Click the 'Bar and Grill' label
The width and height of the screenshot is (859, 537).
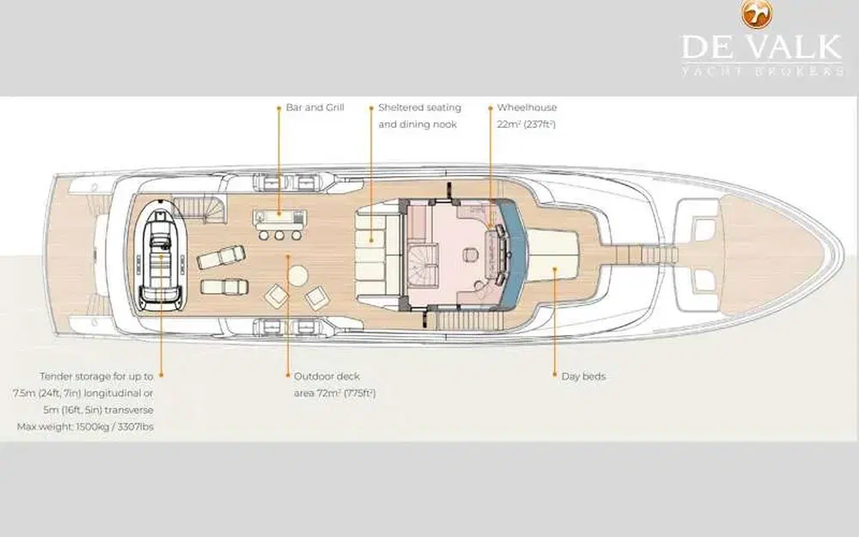click(x=315, y=107)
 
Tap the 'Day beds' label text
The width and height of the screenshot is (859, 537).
click(x=583, y=376)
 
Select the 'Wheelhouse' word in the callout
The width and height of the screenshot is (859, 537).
click(x=527, y=107)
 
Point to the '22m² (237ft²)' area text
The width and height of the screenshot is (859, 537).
click(x=527, y=125)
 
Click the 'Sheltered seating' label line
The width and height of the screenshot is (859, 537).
click(x=420, y=107)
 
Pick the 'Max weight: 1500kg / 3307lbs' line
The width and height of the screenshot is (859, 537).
click(x=85, y=426)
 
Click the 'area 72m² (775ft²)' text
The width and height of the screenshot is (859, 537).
click(x=335, y=394)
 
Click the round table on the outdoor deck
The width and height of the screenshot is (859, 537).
click(x=298, y=276)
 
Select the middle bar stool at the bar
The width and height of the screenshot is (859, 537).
click(x=279, y=235)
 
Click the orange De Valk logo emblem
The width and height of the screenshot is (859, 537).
click(x=757, y=15)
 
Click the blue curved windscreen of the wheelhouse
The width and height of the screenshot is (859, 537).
click(x=515, y=252)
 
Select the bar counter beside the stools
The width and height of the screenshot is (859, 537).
click(x=279, y=220)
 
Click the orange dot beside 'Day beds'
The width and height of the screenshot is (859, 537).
click(x=554, y=375)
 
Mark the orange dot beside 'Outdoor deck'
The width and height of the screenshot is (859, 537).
click(x=288, y=375)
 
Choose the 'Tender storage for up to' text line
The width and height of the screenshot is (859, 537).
click(x=96, y=376)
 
